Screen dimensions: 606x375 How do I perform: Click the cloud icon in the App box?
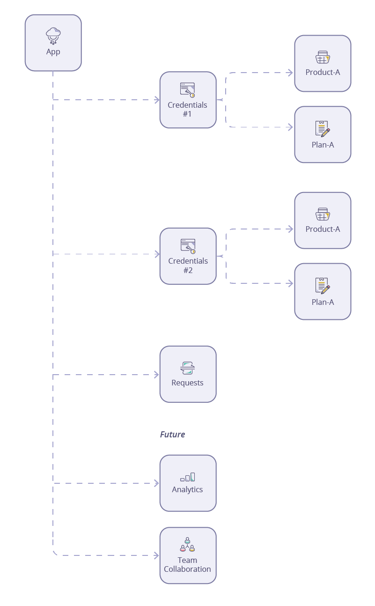click(x=53, y=35)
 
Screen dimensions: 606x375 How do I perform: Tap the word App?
click(x=53, y=52)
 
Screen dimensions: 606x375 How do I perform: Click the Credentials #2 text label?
click(x=188, y=265)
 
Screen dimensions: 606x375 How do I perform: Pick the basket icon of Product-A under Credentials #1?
click(x=323, y=58)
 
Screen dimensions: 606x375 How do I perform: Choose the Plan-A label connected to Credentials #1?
click(x=323, y=145)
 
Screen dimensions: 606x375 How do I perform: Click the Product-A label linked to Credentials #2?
click(x=323, y=229)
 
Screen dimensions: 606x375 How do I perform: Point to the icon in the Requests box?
click(x=188, y=368)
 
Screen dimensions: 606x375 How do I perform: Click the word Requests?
click(x=188, y=383)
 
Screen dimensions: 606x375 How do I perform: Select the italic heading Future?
click(x=172, y=434)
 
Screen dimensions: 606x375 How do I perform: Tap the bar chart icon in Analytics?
click(x=188, y=477)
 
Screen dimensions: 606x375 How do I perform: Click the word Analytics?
click(x=188, y=489)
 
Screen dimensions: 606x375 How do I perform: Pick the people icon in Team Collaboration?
click(x=188, y=545)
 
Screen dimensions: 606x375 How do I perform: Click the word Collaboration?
click(x=188, y=569)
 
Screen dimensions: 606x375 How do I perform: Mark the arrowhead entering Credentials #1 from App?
click(x=157, y=100)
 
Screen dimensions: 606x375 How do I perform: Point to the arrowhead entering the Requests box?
click(x=157, y=375)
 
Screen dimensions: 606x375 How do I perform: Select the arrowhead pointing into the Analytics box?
click(x=157, y=483)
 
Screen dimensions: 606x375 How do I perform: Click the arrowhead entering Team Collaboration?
click(x=157, y=555)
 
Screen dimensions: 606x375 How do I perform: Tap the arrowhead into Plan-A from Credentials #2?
click(x=291, y=283)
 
